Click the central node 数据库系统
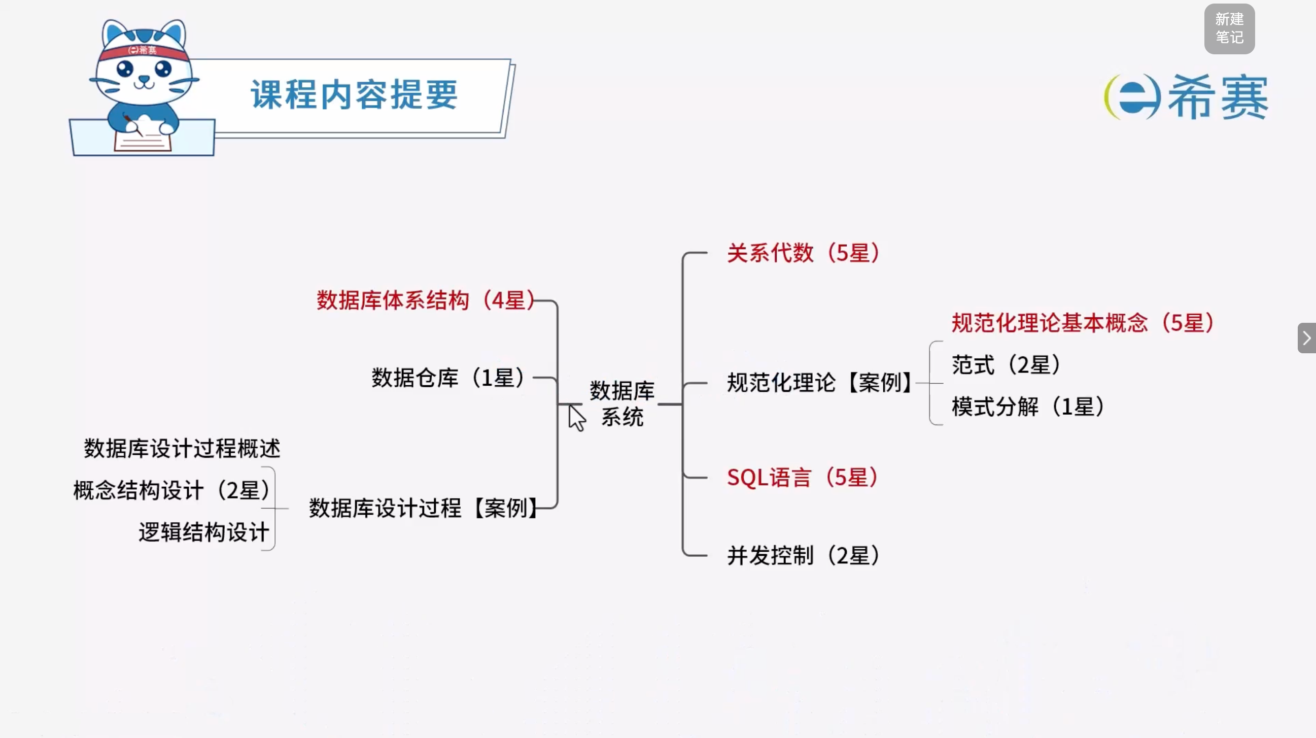(x=622, y=404)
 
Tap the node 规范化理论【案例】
(x=820, y=382)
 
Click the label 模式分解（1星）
(x=1028, y=407)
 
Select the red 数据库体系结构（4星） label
(x=426, y=300)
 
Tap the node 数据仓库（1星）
(x=448, y=378)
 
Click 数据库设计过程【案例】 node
(x=424, y=508)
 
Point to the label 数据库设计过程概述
(x=182, y=448)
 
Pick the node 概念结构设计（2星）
(x=171, y=490)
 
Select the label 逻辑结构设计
(x=204, y=532)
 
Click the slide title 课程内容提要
(x=354, y=95)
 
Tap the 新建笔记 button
(x=1229, y=28)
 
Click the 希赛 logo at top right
(x=1185, y=97)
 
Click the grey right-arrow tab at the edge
(x=1307, y=338)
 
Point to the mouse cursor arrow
(x=576, y=418)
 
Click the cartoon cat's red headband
(x=144, y=52)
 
